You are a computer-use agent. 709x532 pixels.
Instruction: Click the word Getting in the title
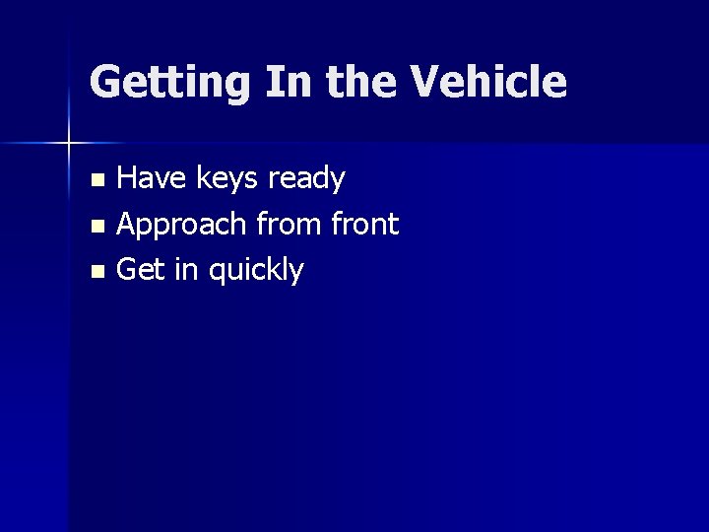click(x=169, y=83)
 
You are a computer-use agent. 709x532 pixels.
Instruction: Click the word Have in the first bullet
click(x=152, y=179)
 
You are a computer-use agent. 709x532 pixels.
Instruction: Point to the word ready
click(x=309, y=180)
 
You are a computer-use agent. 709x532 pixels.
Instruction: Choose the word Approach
click(x=182, y=226)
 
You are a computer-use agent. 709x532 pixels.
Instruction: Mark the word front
click(x=366, y=225)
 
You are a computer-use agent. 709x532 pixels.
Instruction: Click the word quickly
click(x=255, y=271)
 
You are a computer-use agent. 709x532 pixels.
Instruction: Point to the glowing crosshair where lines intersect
click(x=68, y=144)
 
